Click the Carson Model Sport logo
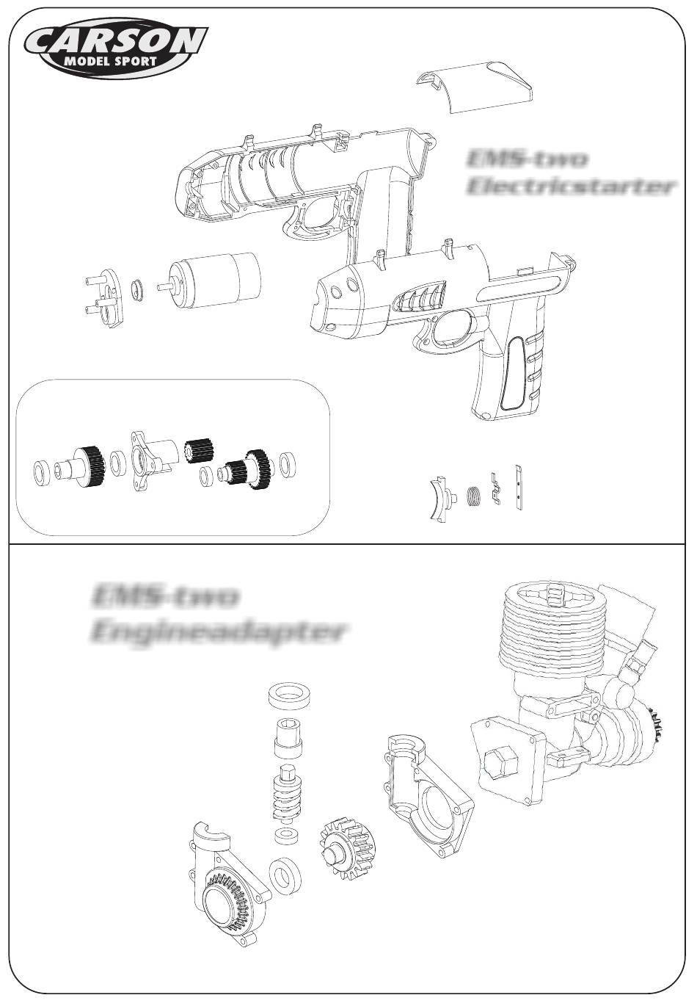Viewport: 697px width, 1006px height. (116, 48)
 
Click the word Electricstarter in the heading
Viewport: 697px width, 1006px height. (571, 187)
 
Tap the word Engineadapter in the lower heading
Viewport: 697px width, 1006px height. (218, 631)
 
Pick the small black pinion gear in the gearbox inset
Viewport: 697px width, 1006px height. (197, 449)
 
